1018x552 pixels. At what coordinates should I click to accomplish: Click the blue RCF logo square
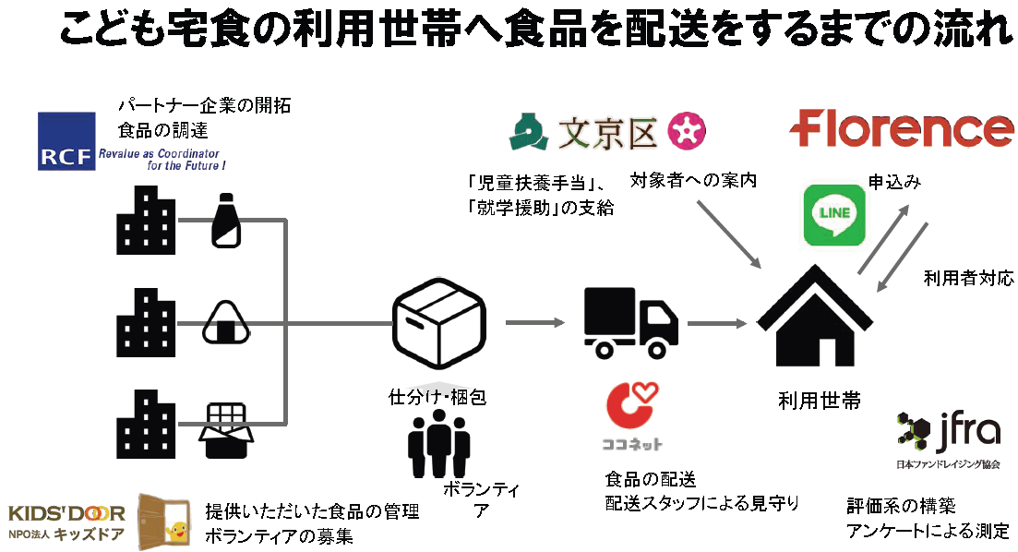coord(66,141)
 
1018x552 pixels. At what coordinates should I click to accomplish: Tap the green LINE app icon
coord(834,214)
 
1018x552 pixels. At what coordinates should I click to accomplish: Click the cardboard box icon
coord(438,321)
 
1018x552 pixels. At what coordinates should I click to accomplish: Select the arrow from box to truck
coord(534,322)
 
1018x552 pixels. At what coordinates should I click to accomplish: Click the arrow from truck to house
coord(716,323)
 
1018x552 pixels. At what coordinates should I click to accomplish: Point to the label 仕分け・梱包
coord(437,398)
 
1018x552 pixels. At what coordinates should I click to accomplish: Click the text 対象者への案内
coord(693,181)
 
